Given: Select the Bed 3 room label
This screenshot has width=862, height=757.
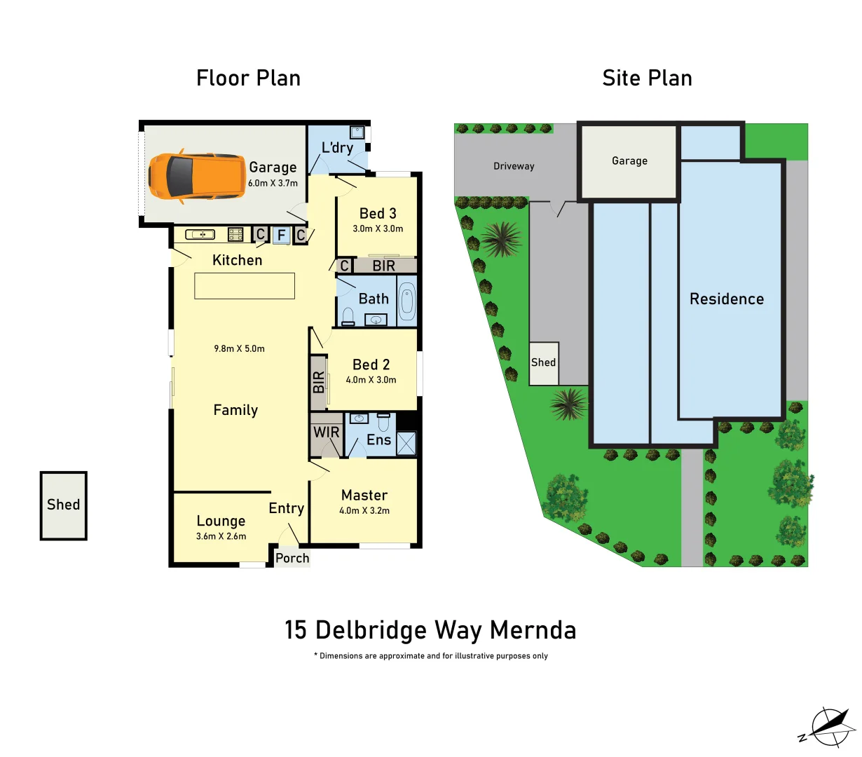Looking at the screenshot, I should click(x=378, y=214).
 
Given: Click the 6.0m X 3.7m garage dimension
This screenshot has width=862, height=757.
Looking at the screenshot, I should click(x=273, y=183).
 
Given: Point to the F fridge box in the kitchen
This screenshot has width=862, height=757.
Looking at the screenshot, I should click(x=281, y=236).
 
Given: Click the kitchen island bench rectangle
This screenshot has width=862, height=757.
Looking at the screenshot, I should click(x=245, y=286).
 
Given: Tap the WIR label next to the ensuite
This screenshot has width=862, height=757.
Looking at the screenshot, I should click(x=326, y=432).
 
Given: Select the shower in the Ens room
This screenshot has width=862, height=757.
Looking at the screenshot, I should click(x=406, y=444).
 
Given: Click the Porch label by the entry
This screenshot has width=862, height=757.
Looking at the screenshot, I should click(x=292, y=558).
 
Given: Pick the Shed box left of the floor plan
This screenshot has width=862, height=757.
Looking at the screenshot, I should click(x=63, y=505).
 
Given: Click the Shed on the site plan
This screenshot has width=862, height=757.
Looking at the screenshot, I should click(x=543, y=363).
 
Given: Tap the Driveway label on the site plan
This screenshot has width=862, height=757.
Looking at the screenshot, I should click(x=514, y=166).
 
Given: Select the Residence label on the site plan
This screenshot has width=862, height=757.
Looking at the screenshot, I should click(x=727, y=299).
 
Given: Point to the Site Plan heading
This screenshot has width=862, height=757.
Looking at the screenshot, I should click(x=647, y=79).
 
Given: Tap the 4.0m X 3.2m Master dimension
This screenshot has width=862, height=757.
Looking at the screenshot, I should click(x=364, y=511).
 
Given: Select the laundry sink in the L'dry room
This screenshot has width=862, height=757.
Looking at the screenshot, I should click(x=357, y=132).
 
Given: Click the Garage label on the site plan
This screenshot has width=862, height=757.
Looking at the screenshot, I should click(x=629, y=161).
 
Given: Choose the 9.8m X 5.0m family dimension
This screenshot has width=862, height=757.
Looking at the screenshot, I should click(x=240, y=348).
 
